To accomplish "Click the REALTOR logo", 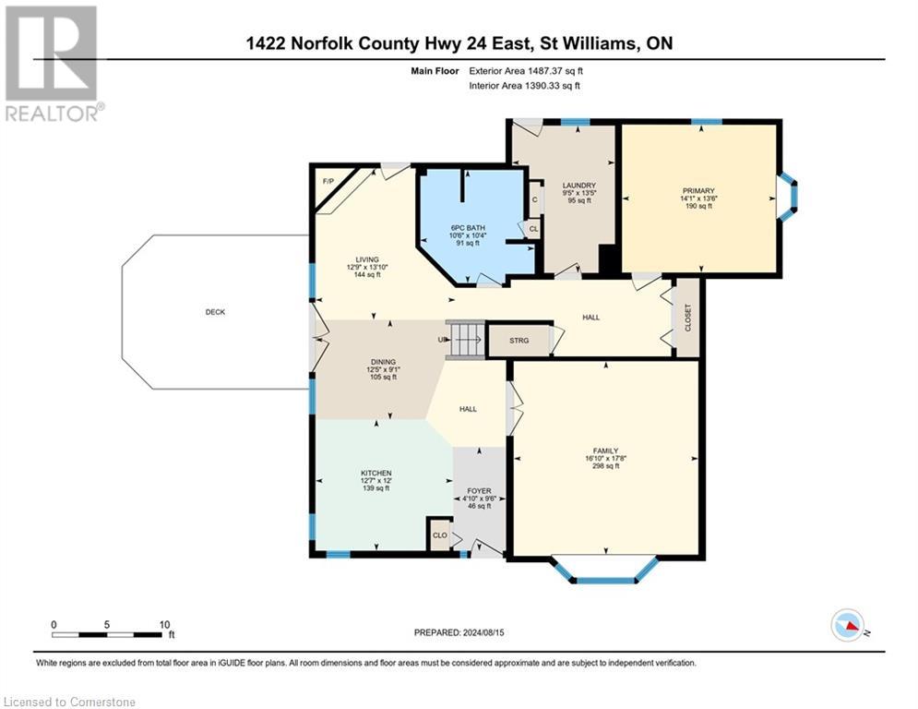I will coord(52,63).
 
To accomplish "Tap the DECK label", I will coord(215,312).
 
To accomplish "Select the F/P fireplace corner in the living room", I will coord(328,181).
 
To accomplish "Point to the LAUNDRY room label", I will coord(578,185).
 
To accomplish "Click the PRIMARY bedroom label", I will coord(698,191).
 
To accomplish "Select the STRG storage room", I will coord(519,341).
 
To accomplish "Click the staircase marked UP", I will coord(465,339).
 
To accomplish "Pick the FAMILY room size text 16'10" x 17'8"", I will coord(606,458).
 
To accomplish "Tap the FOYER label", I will coord(479,490).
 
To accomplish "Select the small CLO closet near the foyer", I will coord(440,535).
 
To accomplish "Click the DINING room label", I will coord(383,362).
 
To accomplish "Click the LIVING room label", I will coord(368,259).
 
